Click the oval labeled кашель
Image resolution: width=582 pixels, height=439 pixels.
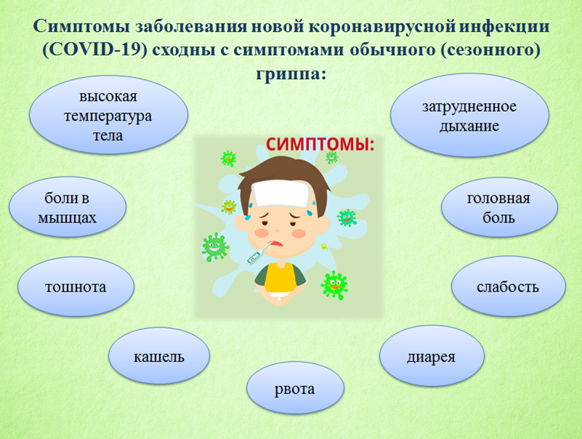pyautogui.click(x=159, y=355)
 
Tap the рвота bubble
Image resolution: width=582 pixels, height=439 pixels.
pyautogui.click(x=295, y=388)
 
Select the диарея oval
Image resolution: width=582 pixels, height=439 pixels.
pyautogui.click(x=432, y=356)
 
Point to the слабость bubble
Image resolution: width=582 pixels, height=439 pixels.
pyautogui.click(x=508, y=286)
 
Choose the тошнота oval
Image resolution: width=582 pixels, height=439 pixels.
pyautogui.click(x=76, y=286)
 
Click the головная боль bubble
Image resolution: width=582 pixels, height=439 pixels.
pyautogui.click(x=499, y=207)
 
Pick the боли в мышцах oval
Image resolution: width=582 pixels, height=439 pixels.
pyautogui.click(x=68, y=207)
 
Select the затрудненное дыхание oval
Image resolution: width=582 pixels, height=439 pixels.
pyautogui.click(x=469, y=115)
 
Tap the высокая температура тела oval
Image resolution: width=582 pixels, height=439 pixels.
pyautogui.click(x=108, y=115)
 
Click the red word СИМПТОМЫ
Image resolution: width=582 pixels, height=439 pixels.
pyautogui.click(x=320, y=144)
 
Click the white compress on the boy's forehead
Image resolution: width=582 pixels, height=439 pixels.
pyautogui.click(x=280, y=193)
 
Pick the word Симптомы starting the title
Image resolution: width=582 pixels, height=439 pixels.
pyautogui.click(x=81, y=27)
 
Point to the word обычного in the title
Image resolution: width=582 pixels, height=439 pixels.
pyautogui.click(x=392, y=50)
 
